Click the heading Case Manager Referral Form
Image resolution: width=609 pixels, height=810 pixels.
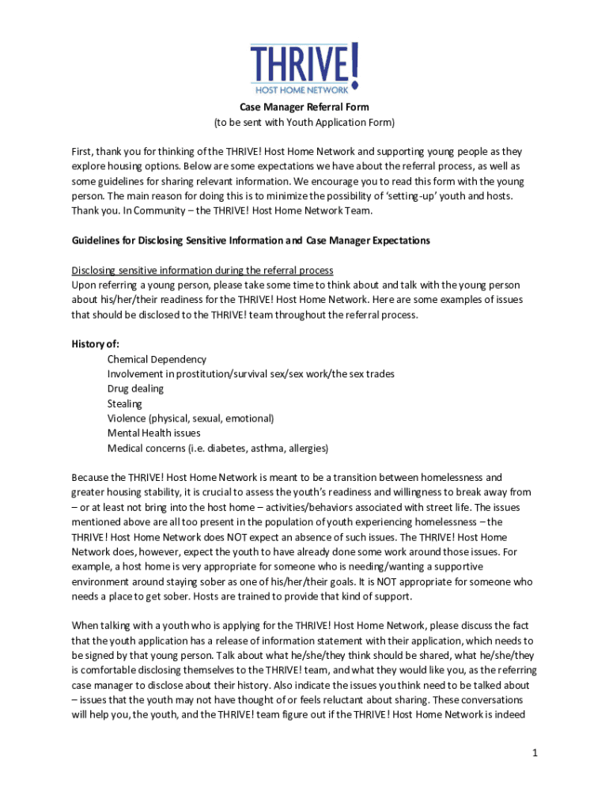[304, 107]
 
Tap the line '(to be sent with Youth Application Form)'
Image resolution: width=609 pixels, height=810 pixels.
[304, 123]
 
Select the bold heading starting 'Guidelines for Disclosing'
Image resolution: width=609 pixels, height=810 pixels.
[251, 240]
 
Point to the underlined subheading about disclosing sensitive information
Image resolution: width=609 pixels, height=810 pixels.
[202, 270]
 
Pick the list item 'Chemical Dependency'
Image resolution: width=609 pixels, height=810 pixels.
[157, 359]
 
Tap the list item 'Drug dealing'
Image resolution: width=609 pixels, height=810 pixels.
[136, 388]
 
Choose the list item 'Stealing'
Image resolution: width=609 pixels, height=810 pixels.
[125, 403]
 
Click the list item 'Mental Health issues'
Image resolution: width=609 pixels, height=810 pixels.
[154, 433]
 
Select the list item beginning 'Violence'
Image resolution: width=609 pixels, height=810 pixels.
[191, 418]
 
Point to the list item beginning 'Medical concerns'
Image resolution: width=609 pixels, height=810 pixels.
[217, 448]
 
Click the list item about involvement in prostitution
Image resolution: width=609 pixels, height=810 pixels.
[251, 373]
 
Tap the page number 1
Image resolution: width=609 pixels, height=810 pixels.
[535, 753]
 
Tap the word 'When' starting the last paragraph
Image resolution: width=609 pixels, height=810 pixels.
[85, 625]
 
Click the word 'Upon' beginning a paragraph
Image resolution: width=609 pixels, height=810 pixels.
[84, 285]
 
